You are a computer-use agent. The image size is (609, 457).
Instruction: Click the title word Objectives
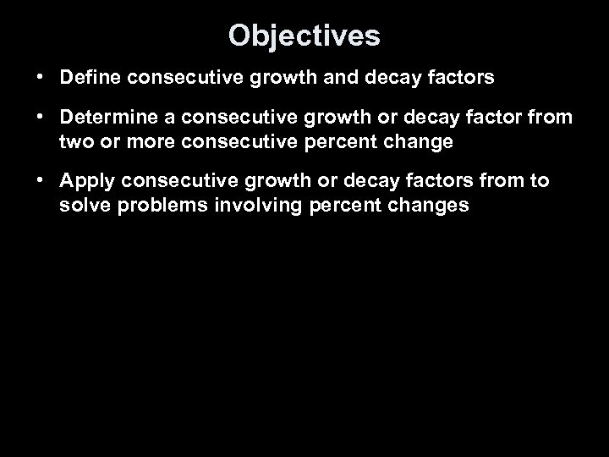[304, 36]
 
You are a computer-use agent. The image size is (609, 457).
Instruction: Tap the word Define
[90, 79]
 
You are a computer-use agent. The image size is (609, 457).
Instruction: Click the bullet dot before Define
[41, 79]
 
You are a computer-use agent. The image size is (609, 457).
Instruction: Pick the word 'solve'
[84, 205]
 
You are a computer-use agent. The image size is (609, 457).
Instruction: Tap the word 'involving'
[244, 205]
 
